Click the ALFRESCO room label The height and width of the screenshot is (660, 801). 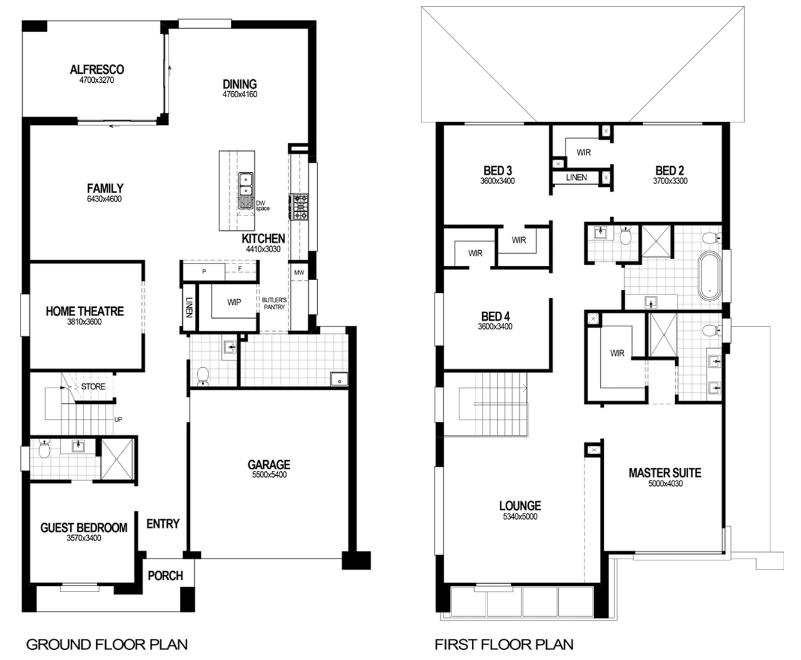coord(97,70)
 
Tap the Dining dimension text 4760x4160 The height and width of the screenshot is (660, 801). coord(240,94)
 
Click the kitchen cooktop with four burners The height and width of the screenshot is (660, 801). coord(299,207)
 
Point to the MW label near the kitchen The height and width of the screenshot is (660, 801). coord(299,272)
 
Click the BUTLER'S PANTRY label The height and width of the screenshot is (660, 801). coord(274,304)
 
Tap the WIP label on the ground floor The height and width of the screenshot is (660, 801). coord(234,302)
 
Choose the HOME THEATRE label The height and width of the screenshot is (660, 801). coord(85,311)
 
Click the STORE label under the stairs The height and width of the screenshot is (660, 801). coord(93,386)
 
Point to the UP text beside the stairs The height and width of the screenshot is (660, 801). coord(118,420)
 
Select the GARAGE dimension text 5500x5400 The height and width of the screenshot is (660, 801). coord(269,475)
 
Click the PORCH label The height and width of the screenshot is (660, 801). coord(165,576)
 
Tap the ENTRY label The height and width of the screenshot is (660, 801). coord(163,524)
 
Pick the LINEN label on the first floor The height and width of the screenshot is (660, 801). coord(576,178)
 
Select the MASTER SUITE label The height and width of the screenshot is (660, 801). coord(665,473)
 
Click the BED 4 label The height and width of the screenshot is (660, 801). coord(495,316)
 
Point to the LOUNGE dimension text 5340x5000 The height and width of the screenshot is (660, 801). coord(520,516)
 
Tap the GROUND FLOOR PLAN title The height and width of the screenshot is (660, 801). coord(107,644)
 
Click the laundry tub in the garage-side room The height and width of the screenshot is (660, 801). coord(339,379)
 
